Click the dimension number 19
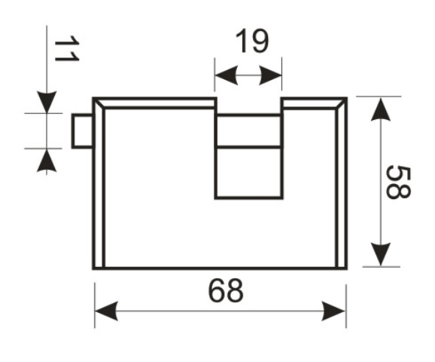tap(252, 41)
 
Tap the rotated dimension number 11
tap(67, 48)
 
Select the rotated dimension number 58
tap(398, 182)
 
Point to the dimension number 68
tap(226, 291)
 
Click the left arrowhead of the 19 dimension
tap(227, 75)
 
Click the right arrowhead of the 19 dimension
tap(270, 75)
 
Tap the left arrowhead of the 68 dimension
tap(106, 311)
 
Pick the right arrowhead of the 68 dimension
tap(334, 311)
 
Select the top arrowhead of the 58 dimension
tap(381, 109)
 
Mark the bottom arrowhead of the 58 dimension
tap(381, 254)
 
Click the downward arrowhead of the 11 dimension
tap(47, 102)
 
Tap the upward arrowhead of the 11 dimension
tap(47, 161)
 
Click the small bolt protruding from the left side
tap(82, 131)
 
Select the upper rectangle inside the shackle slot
tap(249, 130)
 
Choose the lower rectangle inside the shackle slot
tap(249, 173)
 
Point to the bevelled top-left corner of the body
tap(99, 103)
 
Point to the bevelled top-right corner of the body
tap(341, 103)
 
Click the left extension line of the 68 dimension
tap(95, 305)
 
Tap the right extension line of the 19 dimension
tap(281, 74)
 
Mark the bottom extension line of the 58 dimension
tap(382, 267)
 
